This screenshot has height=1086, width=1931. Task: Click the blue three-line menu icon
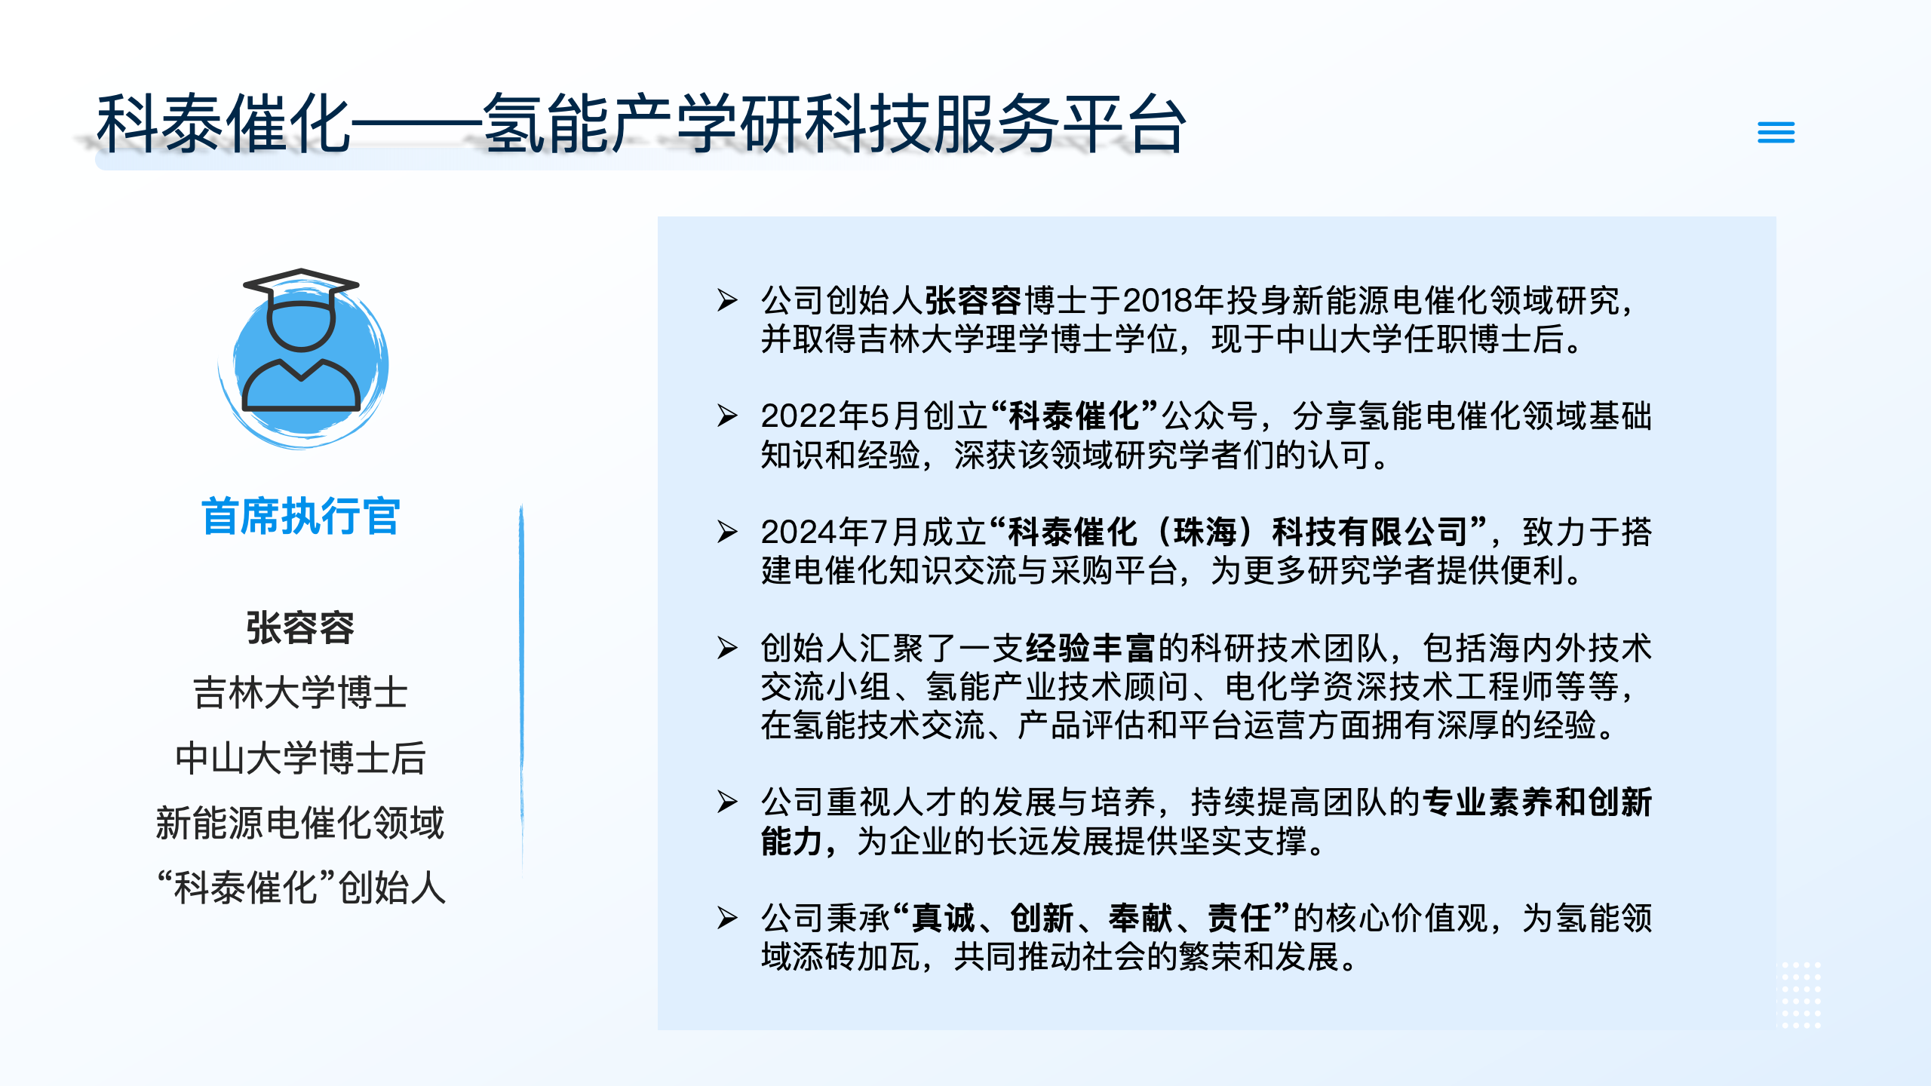point(1776,133)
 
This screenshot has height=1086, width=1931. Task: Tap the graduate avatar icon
point(302,354)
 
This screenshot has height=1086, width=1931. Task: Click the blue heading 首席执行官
point(300,517)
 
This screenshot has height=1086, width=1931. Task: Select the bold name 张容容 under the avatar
point(300,627)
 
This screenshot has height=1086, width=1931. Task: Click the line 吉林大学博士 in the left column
point(300,692)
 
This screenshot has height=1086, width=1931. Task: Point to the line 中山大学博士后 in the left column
point(300,757)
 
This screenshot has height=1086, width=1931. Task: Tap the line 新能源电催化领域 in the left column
point(300,822)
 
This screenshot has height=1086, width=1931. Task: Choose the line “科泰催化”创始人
point(300,887)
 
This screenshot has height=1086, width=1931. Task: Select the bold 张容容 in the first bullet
point(973,301)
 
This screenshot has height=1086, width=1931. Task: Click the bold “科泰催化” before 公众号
point(1074,416)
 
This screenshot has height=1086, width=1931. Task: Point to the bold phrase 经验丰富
point(1090,648)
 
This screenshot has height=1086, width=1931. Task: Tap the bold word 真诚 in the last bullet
point(943,919)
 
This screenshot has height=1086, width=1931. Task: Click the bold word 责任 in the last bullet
point(1239,919)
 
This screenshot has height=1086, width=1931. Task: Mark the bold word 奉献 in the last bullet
point(1140,919)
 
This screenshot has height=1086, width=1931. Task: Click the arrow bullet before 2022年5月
point(727,416)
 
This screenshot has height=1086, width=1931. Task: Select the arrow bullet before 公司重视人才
point(727,802)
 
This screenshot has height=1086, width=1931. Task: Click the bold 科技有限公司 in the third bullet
point(1369,532)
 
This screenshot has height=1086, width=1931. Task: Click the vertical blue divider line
point(521,690)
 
